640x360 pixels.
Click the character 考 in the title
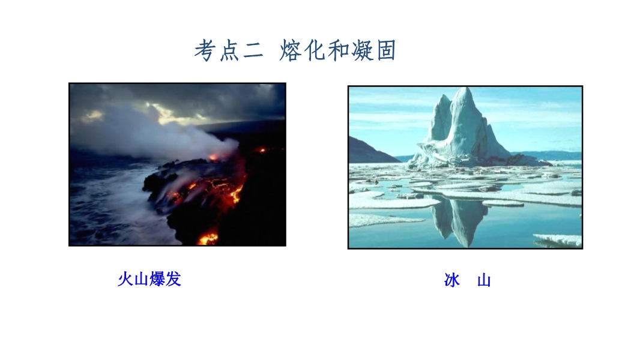205,50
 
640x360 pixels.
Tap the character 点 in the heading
229,51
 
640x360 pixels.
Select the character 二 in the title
253,52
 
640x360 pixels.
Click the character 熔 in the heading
290,50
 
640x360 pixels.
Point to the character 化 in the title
314,50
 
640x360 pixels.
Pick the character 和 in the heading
339,51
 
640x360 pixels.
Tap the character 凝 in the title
363,50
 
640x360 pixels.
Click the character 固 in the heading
386,51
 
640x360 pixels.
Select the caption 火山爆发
149,279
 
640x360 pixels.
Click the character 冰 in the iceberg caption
452,280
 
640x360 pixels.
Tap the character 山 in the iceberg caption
484,280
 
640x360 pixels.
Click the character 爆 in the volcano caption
157,279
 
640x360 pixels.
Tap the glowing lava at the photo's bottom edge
208,238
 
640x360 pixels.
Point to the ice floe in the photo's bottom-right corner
558,240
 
